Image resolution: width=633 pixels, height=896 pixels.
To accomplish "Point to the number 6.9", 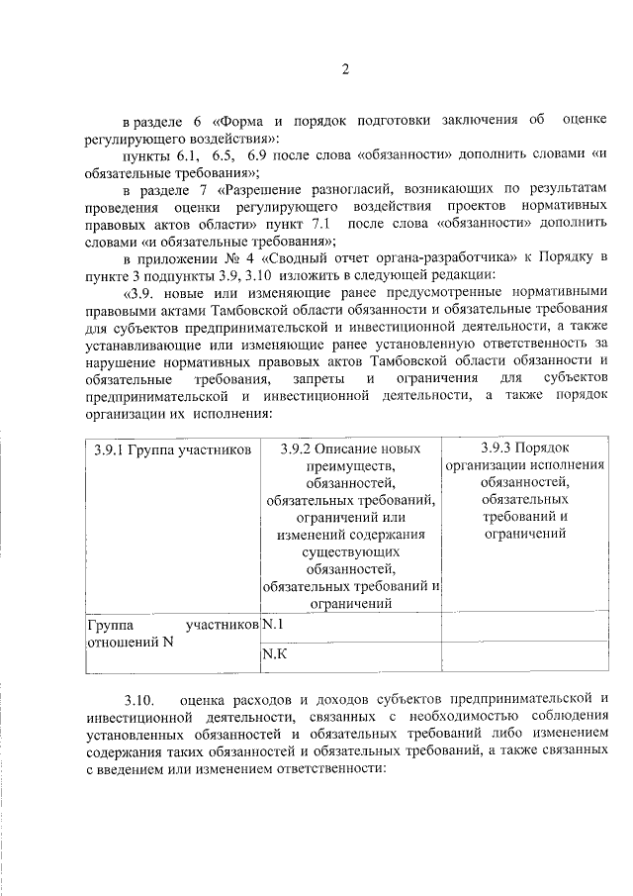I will pyautogui.click(x=265, y=155).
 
